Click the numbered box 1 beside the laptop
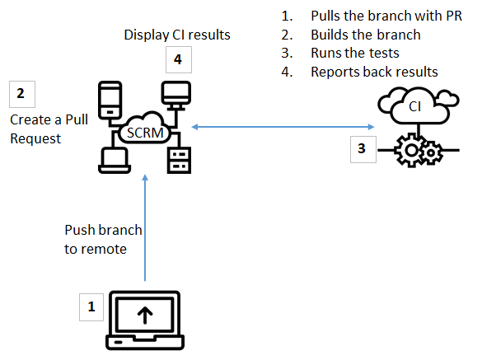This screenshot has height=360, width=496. [x=91, y=308]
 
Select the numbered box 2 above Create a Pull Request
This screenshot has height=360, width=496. [x=21, y=94]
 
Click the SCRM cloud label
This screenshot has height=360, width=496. [x=142, y=131]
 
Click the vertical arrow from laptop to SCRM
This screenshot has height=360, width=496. [x=144, y=231]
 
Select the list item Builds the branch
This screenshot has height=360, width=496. [x=365, y=35]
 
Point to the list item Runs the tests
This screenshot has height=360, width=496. [x=354, y=53]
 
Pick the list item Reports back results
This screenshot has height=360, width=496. [x=373, y=72]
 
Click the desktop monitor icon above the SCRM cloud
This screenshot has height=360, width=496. [x=175, y=92]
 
